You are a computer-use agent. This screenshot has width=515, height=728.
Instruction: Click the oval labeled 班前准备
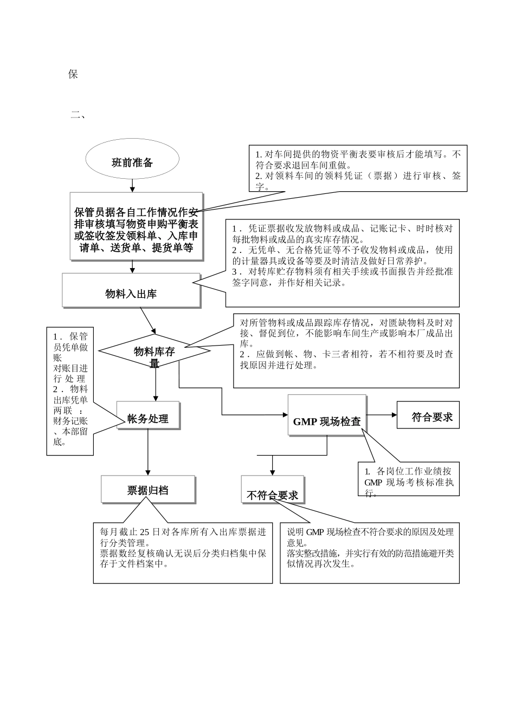pos(132,162)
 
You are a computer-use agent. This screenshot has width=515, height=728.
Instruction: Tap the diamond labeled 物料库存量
pos(154,352)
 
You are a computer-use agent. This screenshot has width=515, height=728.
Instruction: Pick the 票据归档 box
pos(148,490)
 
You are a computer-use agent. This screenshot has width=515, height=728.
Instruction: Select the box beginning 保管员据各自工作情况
pos(136,226)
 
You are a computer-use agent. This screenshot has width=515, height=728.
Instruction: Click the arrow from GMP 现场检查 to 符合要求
pos(382,415)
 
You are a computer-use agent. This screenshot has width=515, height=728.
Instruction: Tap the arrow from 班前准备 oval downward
pos(132,185)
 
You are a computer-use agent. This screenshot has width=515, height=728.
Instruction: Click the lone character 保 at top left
pos(73,74)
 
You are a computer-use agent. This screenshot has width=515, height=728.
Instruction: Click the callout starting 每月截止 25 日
pos(183,552)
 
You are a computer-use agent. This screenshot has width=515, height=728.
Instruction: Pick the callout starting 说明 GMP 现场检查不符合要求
pos(370,552)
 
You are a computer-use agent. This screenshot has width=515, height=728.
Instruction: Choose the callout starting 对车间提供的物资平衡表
pos(358,168)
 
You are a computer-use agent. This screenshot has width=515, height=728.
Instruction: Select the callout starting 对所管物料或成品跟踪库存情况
pos(346,350)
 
